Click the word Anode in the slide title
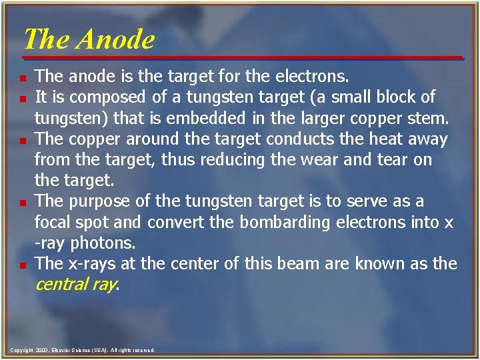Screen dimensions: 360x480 pyautogui.click(x=115, y=39)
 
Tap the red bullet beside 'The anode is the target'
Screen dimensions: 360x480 pyautogui.click(x=23, y=77)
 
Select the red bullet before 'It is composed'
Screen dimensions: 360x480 pyautogui.click(x=23, y=98)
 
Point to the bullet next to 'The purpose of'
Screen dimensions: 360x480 pyautogui.click(x=23, y=202)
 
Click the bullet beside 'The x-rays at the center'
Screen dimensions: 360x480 pyautogui.click(x=23, y=265)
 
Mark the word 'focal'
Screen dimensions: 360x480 pyautogui.click(x=55, y=222)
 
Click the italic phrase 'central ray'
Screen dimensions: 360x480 pyautogui.click(x=75, y=285)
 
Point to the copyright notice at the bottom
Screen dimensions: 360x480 pyautogui.click(x=83, y=350)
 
